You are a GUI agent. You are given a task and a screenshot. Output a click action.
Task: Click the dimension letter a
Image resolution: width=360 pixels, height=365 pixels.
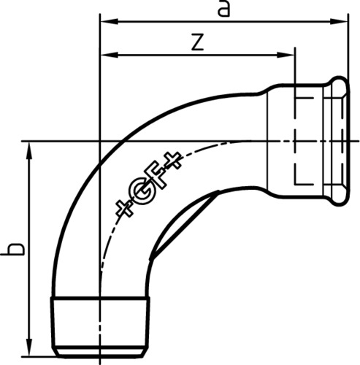click(223, 9)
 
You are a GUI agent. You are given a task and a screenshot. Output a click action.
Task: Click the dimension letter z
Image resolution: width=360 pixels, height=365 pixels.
click(197, 43)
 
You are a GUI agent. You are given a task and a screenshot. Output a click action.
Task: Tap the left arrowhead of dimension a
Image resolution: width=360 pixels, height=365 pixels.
click(110, 21)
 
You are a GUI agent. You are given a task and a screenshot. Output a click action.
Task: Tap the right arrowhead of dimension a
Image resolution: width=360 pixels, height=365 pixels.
click(339, 21)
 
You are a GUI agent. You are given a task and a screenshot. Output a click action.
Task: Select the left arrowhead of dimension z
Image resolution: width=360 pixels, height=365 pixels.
click(110, 55)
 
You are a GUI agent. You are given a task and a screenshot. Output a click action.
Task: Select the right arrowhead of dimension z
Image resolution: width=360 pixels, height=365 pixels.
click(286, 55)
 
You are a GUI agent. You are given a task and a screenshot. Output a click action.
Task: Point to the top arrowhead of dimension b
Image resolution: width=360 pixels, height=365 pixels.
click(29, 151)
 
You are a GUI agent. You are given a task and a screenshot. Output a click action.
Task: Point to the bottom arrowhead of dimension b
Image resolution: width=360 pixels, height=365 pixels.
click(29, 347)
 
